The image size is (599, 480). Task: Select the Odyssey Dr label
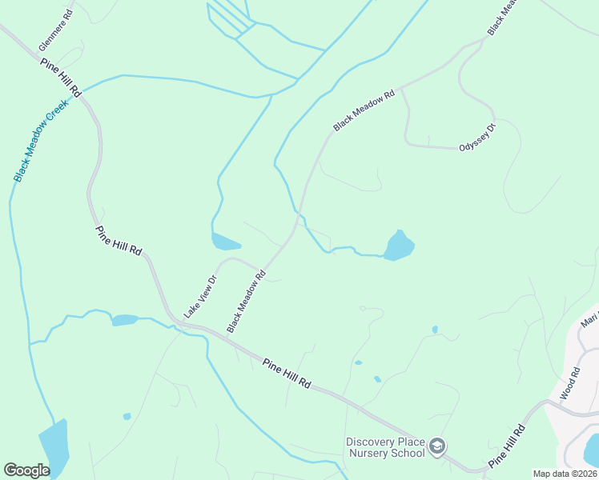pyautogui.click(x=477, y=137)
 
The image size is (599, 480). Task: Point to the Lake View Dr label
pyautogui.click(x=200, y=298)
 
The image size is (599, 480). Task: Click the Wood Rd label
pyautogui.click(x=569, y=384)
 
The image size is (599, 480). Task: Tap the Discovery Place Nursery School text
pyautogui.click(x=385, y=447)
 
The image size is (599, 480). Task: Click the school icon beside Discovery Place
pyautogui.click(x=437, y=446)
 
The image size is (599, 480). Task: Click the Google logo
pyautogui.click(x=26, y=470)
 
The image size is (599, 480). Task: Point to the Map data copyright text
pyautogui.click(x=565, y=474)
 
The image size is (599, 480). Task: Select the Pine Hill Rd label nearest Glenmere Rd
pyautogui.click(x=60, y=78)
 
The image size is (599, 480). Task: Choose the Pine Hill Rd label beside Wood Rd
pyautogui.click(x=507, y=446)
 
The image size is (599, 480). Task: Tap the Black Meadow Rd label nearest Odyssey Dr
pyautogui.click(x=364, y=111)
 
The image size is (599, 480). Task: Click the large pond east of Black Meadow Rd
pyautogui.click(x=399, y=246)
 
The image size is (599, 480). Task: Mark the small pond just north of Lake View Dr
pyautogui.click(x=225, y=242)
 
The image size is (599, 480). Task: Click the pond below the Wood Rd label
pyautogui.click(x=593, y=450)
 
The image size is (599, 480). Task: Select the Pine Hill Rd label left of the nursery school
pyautogui.click(x=286, y=374)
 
